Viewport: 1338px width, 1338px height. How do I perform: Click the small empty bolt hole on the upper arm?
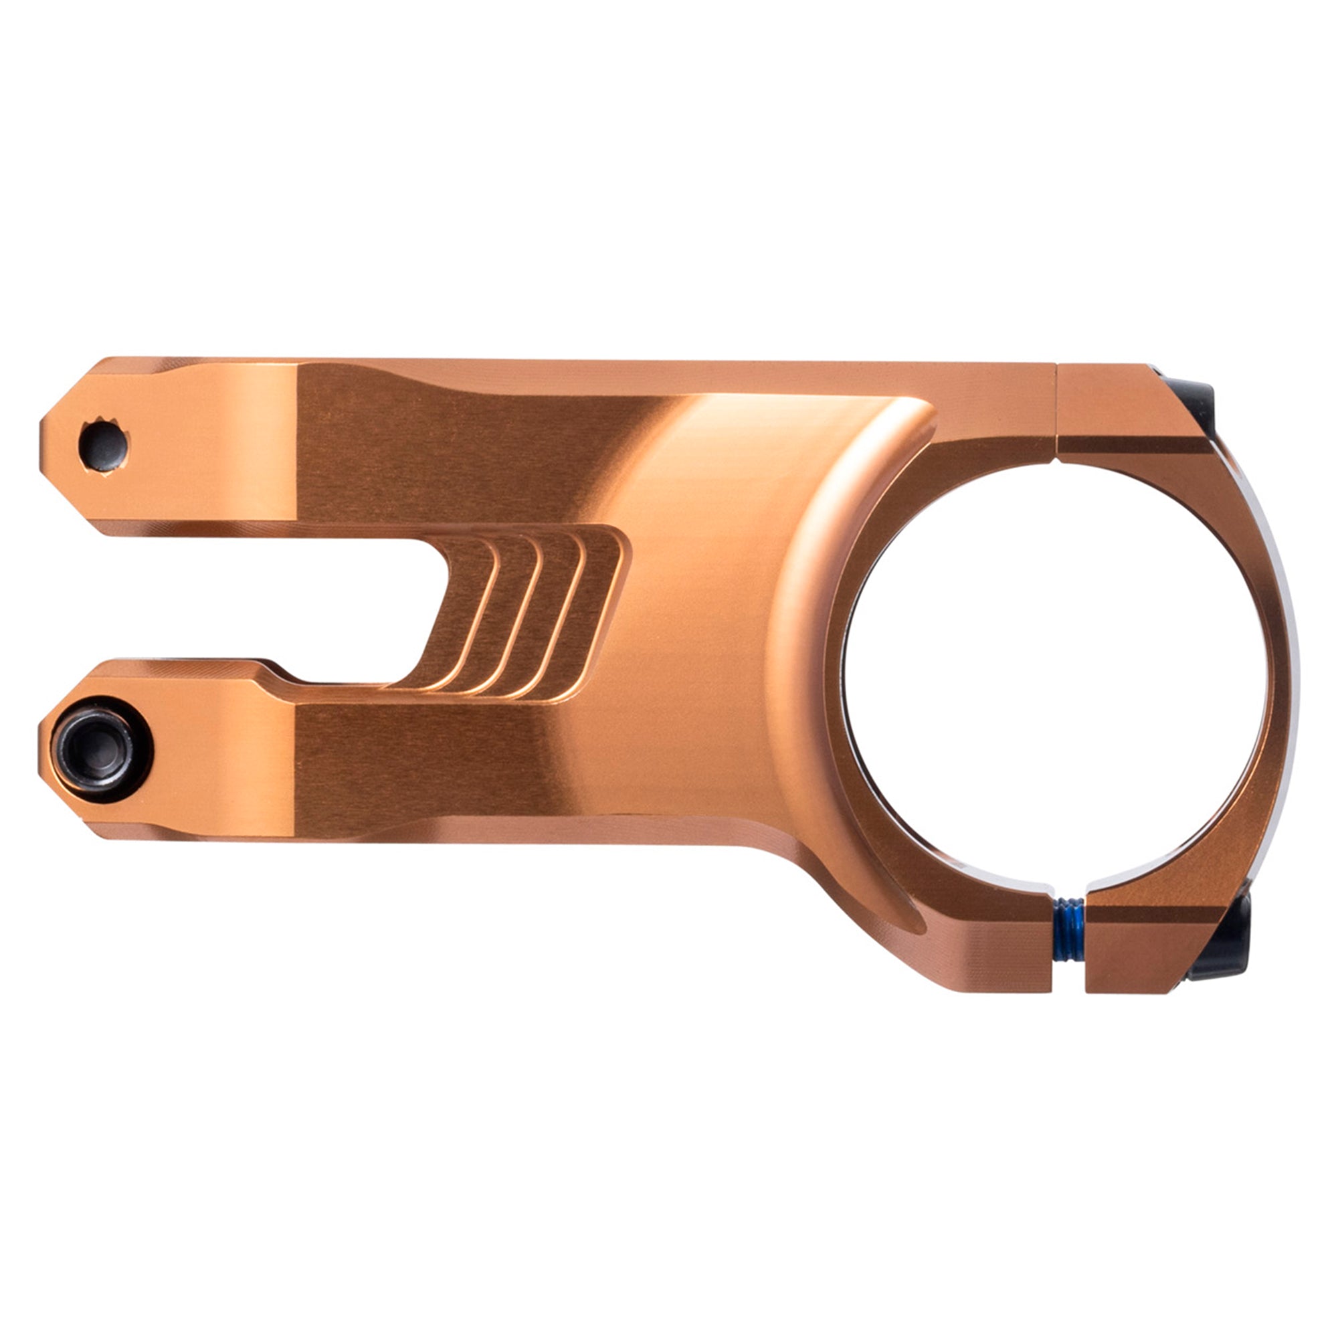click(x=104, y=446)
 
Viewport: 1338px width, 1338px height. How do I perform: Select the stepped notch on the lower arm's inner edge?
click(x=274, y=670)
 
